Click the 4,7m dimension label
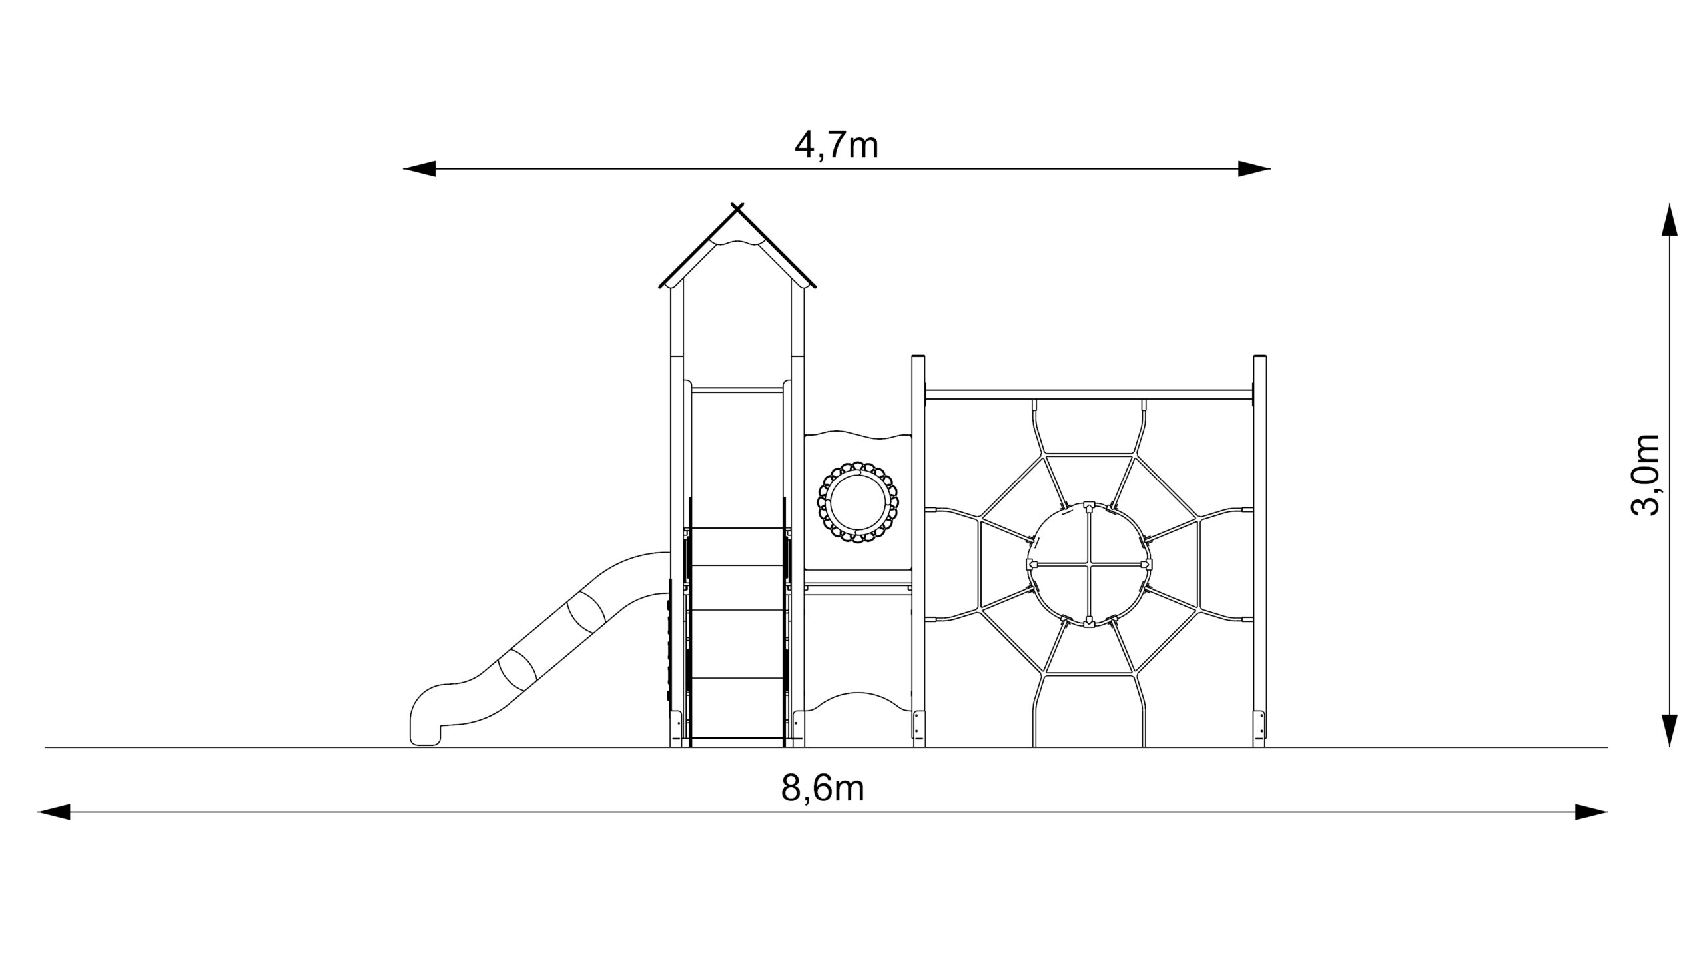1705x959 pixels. [x=837, y=145]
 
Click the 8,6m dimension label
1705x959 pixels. [x=823, y=788]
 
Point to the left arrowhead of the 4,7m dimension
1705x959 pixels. [x=420, y=169]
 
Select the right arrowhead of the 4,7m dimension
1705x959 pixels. [x=1254, y=169]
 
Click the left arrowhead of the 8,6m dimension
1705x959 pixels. [x=54, y=812]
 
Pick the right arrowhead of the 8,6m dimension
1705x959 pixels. [x=1591, y=812]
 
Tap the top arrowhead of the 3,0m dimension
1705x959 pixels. [x=1669, y=220]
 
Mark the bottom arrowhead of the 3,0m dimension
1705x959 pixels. [x=1669, y=730]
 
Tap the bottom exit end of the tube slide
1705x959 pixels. [x=425, y=733]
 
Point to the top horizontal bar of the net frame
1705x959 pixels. [x=1090, y=394]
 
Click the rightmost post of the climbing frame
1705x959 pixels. [x=1259, y=551]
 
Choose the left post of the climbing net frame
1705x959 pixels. [x=918, y=551]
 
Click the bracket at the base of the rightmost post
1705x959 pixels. [x=1259, y=724]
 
